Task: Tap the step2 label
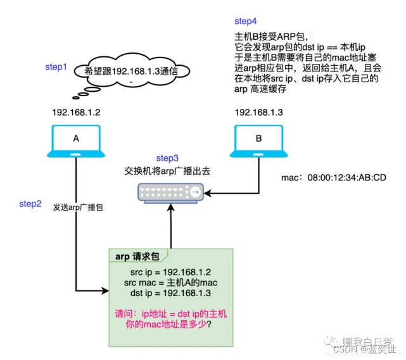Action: (x=30, y=203)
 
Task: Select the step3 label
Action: (x=168, y=157)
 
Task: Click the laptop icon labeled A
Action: (x=76, y=141)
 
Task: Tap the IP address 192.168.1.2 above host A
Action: (x=77, y=113)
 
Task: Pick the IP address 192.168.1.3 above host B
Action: (x=258, y=113)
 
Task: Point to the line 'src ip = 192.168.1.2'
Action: (x=169, y=271)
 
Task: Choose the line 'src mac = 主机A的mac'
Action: (x=169, y=283)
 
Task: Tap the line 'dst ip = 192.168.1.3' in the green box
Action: (x=169, y=294)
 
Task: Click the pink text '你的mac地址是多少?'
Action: (x=169, y=325)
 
